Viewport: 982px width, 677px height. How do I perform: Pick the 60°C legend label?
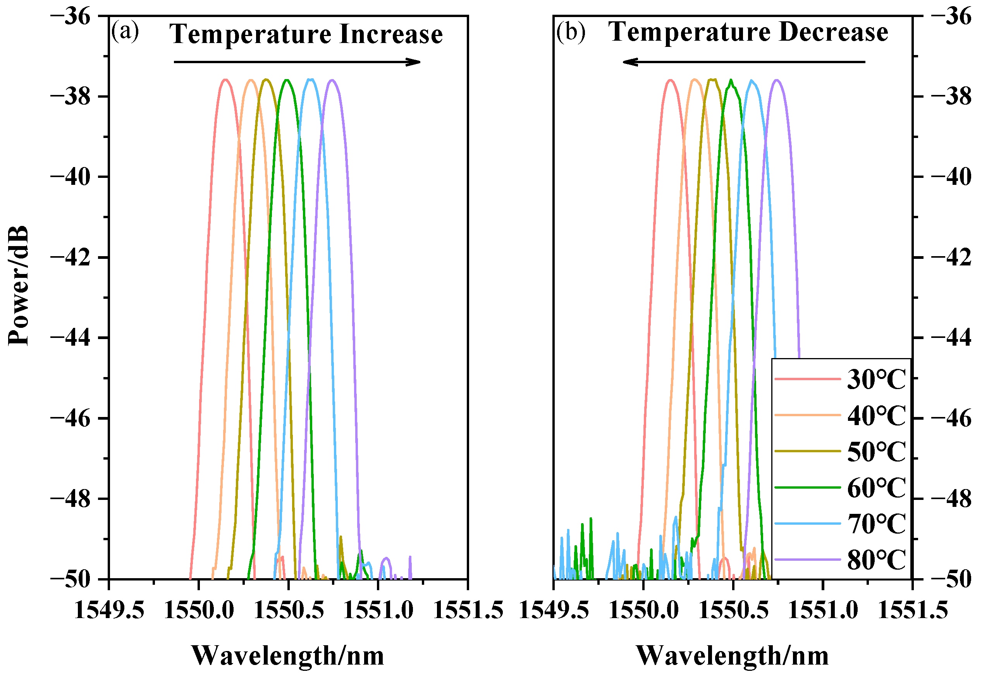[x=876, y=488]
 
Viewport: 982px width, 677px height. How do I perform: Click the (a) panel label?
[x=125, y=31]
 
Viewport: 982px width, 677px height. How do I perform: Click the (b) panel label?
[x=570, y=31]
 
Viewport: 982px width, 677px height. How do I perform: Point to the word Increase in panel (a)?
[x=390, y=34]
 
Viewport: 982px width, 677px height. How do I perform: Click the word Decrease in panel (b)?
[x=833, y=32]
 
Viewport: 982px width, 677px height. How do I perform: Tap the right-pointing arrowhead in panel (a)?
[x=413, y=62]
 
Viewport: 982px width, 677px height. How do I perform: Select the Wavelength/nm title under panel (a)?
[x=287, y=655]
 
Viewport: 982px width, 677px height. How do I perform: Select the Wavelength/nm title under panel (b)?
[x=732, y=655]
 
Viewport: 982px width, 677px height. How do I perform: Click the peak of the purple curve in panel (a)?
[x=332, y=80]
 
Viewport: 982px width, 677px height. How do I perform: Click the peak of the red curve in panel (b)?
[x=670, y=80]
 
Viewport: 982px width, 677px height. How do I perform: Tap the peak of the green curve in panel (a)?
[x=287, y=80]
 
